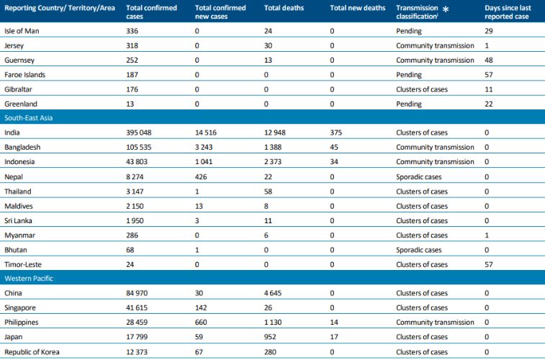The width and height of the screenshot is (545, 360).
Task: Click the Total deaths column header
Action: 284,8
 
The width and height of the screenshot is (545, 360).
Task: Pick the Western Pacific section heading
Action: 29,279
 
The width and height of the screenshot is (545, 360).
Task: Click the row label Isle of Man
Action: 21,31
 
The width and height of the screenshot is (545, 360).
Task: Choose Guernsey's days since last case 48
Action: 489,60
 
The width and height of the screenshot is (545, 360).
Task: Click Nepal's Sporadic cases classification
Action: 419,176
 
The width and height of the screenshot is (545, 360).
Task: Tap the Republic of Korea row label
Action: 33,352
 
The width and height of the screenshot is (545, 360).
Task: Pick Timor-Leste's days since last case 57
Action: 489,264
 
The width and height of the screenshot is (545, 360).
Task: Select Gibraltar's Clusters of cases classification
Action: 422,89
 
